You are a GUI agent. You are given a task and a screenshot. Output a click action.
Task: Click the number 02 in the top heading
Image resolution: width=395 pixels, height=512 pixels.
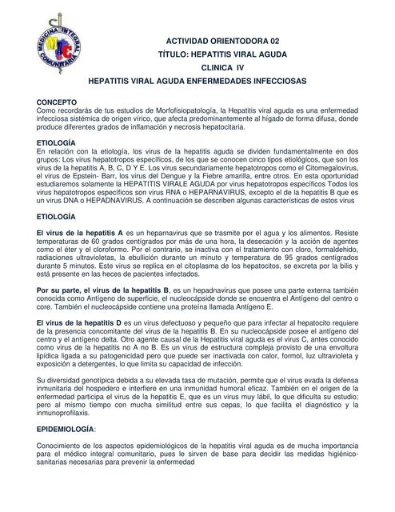[x=273, y=39]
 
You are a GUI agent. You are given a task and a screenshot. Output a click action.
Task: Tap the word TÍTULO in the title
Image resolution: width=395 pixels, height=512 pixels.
[x=177, y=54]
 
